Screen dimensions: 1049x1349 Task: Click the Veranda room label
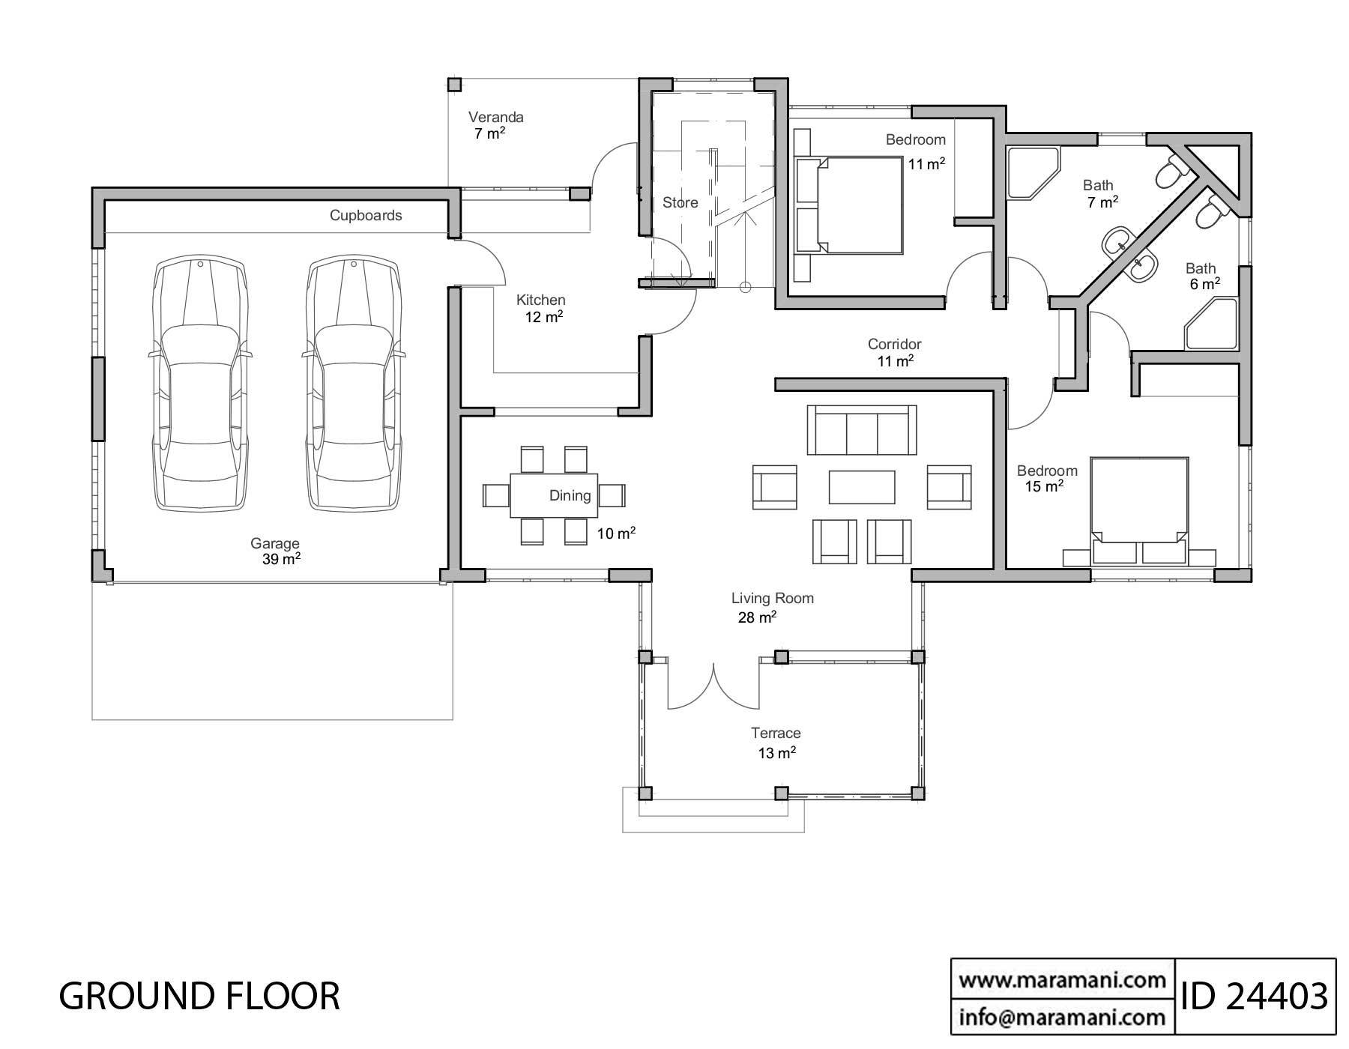coord(495,118)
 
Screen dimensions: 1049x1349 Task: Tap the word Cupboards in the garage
coord(366,216)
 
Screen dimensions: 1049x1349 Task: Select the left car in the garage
coord(200,384)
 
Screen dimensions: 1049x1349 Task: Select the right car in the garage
coord(352,384)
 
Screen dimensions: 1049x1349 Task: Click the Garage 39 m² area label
coord(276,551)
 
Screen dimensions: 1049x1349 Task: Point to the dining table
coord(554,495)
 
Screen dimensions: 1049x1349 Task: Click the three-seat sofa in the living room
coord(862,430)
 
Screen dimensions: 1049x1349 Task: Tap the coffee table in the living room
coord(862,487)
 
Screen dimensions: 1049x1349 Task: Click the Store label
coord(680,202)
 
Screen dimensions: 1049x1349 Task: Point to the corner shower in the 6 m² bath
coord(1210,324)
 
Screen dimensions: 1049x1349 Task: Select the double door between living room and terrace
coord(714,686)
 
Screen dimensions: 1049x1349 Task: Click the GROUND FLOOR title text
coord(199,996)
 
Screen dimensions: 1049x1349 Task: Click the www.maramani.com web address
coord(1062,979)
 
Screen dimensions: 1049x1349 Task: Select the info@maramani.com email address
coord(1062,1016)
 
